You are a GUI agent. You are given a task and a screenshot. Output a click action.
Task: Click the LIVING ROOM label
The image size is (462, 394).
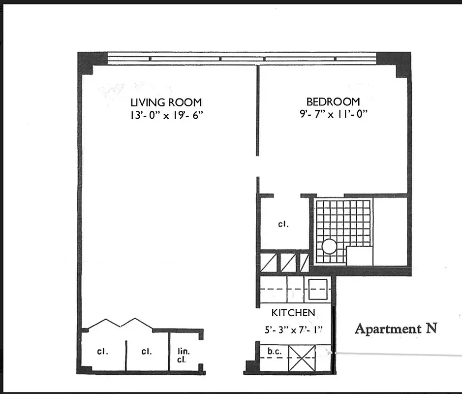[166, 102]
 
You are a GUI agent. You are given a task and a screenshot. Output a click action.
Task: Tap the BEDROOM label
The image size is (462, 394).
[333, 102]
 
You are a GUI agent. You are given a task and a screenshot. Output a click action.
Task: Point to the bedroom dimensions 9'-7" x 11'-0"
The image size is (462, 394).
[333, 115]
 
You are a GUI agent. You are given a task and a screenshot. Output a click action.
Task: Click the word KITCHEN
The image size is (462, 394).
[293, 313]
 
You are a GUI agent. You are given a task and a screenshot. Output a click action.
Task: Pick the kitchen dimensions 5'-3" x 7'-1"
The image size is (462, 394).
[294, 330]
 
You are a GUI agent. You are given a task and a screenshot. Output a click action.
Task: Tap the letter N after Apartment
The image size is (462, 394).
[431, 328]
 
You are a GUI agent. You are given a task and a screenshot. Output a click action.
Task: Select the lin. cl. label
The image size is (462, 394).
[183, 355]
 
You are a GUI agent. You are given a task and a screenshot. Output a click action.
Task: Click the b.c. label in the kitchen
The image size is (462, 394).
[274, 352]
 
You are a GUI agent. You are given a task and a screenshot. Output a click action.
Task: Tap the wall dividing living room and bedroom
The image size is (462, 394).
[257, 111]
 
